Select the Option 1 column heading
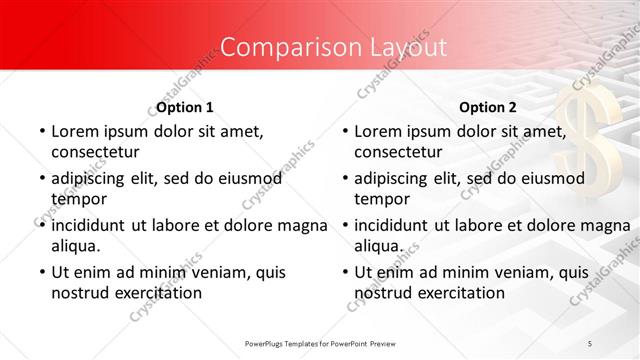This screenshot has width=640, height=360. [185, 107]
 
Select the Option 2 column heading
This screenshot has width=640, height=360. [488, 107]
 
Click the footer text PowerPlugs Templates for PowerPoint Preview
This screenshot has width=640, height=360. [320, 343]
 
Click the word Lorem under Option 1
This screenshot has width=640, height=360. [74, 131]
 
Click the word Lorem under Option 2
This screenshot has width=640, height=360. [377, 131]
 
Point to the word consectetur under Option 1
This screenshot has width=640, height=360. [95, 152]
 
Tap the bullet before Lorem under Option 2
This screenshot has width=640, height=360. [344, 131]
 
